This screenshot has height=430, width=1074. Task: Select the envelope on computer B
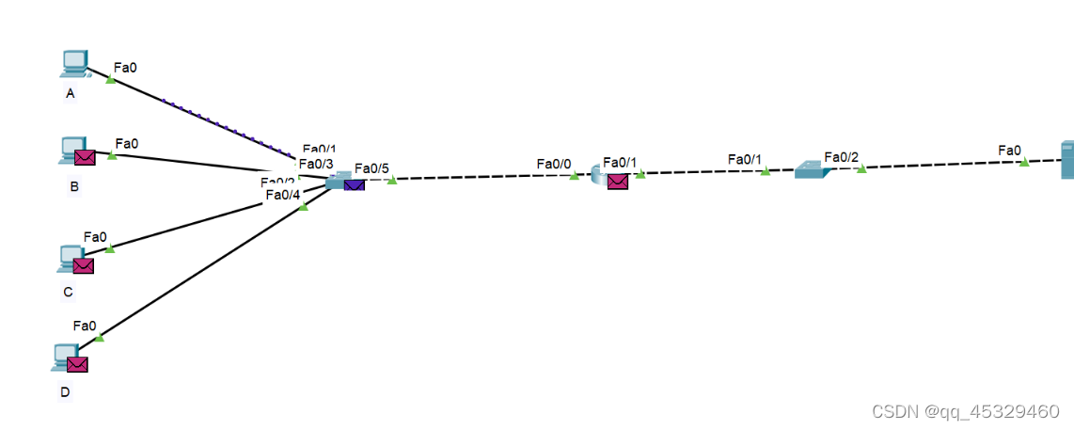click(x=86, y=158)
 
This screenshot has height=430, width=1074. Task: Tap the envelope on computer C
click(x=83, y=265)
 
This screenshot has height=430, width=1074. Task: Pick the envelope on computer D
click(x=77, y=363)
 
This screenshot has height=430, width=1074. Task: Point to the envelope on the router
click(x=617, y=181)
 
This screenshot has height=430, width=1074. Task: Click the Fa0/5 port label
click(x=371, y=169)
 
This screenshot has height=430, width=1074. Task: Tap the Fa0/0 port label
click(x=554, y=164)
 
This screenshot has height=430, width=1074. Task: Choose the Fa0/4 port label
click(x=283, y=195)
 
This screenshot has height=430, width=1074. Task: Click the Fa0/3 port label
click(x=316, y=164)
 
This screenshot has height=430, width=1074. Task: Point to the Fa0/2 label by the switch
click(x=841, y=157)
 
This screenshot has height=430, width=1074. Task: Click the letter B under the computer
click(x=74, y=186)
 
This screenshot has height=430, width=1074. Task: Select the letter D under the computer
click(x=65, y=392)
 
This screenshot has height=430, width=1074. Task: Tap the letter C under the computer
click(x=68, y=292)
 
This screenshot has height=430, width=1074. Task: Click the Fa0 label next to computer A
click(x=125, y=67)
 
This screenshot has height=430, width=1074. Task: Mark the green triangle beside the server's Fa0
click(x=1024, y=162)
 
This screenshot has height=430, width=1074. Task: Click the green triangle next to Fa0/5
click(x=392, y=180)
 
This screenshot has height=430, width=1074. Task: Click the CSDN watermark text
click(x=965, y=411)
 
